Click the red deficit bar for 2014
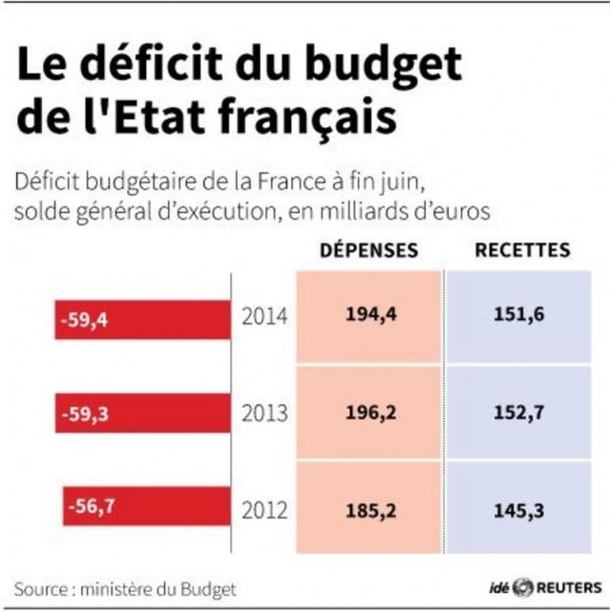(x=142, y=320)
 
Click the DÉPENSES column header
(x=368, y=251)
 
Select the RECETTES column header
(x=522, y=251)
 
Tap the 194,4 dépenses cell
(x=368, y=315)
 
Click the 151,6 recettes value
(x=522, y=315)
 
